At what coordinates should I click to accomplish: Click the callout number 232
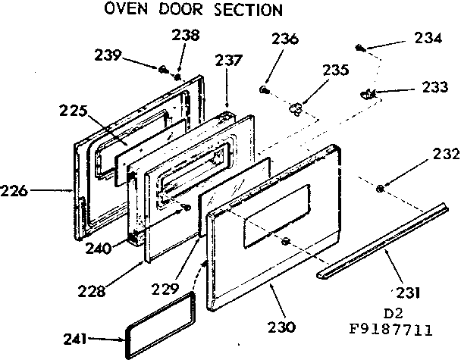(x=447, y=155)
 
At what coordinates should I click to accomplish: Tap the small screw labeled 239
(x=163, y=70)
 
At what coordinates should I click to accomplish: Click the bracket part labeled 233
(x=369, y=93)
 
